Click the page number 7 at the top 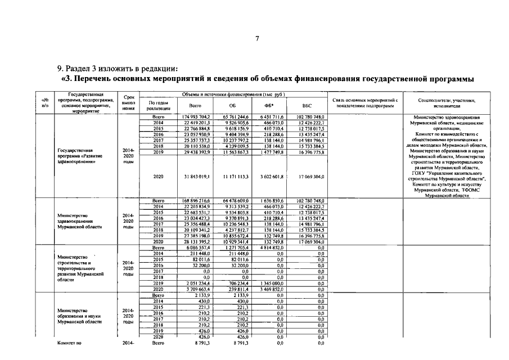[256, 39]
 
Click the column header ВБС [307, 105]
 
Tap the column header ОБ [232, 105]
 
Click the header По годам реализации [158, 105]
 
